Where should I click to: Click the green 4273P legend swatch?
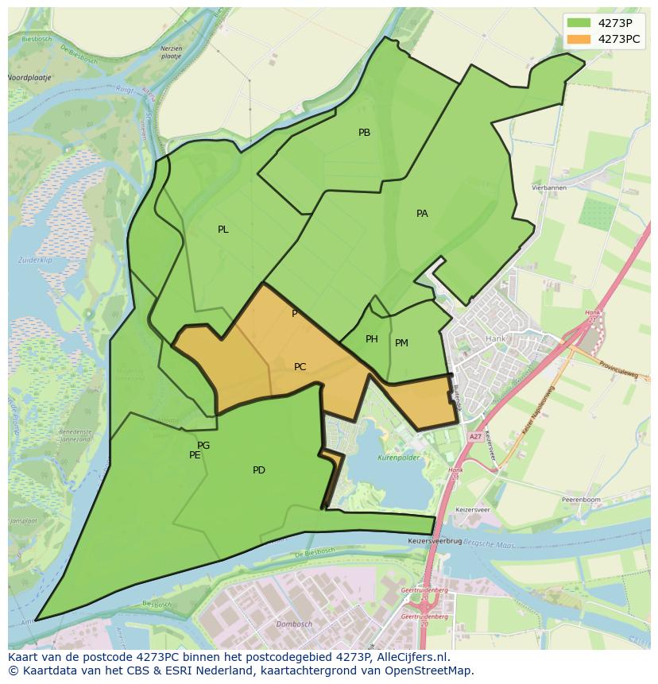[x=579, y=23]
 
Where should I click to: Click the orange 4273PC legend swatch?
[x=579, y=39]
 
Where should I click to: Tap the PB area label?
[x=364, y=133]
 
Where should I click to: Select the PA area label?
[x=422, y=214]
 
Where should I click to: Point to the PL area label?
[x=223, y=230]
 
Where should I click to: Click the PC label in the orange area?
[x=300, y=367]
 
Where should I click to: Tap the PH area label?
[x=372, y=339]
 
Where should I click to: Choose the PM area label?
[x=401, y=343]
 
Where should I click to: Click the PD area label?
[x=259, y=470]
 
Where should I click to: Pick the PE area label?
[x=195, y=455]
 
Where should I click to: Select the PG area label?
[x=203, y=446]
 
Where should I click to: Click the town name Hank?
[x=494, y=338]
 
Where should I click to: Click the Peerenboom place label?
[x=580, y=500]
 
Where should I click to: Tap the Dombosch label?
[x=294, y=624]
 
